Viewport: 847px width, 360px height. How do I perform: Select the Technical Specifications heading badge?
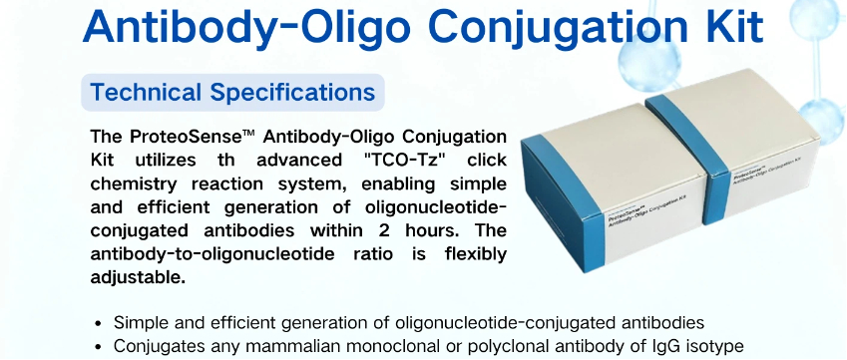pyautogui.click(x=232, y=93)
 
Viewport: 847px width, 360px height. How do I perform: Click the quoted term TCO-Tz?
pyautogui.click(x=410, y=161)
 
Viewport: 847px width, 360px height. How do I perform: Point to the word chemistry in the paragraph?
pyautogui.click(x=134, y=184)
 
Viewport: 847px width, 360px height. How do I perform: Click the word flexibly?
pyautogui.click(x=476, y=254)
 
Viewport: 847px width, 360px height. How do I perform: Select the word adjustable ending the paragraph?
pyautogui.click(x=138, y=278)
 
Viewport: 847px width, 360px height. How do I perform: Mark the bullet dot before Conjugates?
pyautogui.click(x=98, y=346)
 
